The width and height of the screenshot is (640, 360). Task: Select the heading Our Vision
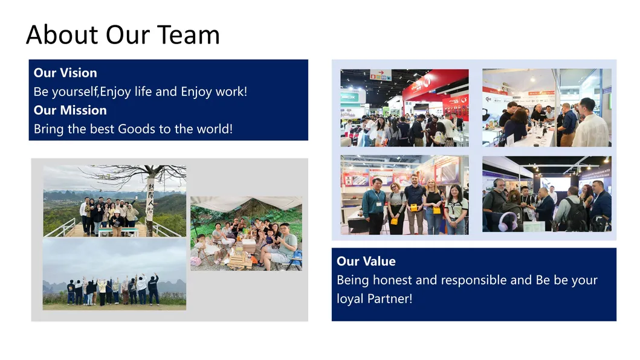pyautogui.click(x=65, y=72)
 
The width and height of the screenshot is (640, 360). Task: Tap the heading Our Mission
pyautogui.click(x=70, y=110)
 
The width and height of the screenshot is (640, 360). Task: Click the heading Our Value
pyautogui.click(x=366, y=261)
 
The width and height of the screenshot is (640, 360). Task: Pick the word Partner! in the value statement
pyautogui.click(x=390, y=299)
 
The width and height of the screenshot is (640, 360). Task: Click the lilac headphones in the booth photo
pyautogui.click(x=508, y=221)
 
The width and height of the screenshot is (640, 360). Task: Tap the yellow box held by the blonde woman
pyautogui.click(x=436, y=210)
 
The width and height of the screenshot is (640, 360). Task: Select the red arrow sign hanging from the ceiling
pyautogui.click(x=380, y=74)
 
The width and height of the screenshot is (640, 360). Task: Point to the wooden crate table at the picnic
pyautogui.click(x=239, y=260)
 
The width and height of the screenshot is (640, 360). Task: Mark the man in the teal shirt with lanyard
pyautogui.click(x=375, y=206)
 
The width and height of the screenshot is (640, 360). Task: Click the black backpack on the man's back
pyautogui.click(x=577, y=214)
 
